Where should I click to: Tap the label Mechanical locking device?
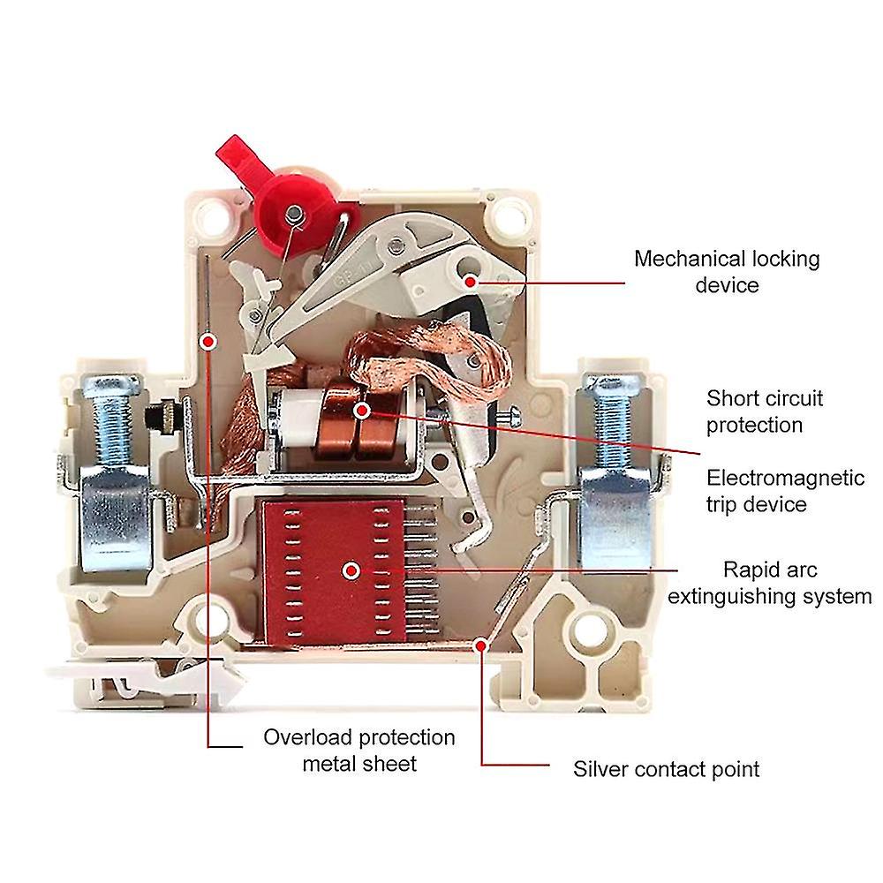pos(727,272)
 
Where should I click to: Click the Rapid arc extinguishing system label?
pos(768,583)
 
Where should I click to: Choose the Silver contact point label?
pos(666,768)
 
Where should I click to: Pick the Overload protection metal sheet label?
pos(359,750)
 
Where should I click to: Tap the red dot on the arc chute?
pos(351,570)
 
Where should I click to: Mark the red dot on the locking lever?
pos(471,280)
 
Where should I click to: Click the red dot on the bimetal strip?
pos(208,340)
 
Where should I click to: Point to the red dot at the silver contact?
pos(481,645)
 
